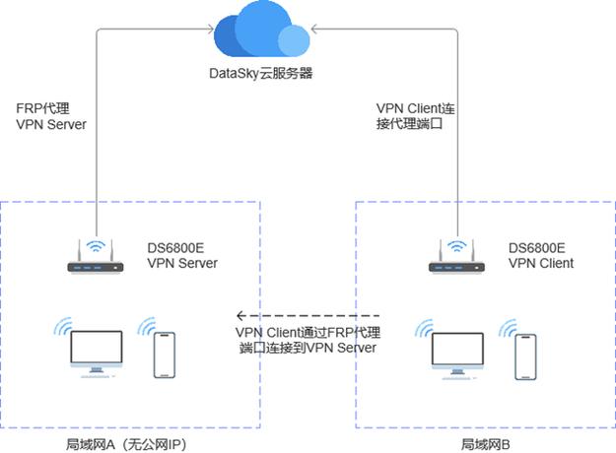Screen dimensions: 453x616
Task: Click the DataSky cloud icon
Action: click(x=262, y=34)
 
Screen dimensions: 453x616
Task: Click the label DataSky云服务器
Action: click(x=261, y=74)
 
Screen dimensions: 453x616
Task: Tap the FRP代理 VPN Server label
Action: click(x=51, y=117)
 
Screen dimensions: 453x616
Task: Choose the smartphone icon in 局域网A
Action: click(x=164, y=355)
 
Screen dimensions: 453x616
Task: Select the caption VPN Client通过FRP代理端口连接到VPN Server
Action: click(x=308, y=340)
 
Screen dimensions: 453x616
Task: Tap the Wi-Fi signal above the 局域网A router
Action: click(x=96, y=244)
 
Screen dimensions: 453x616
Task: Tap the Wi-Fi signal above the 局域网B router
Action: click(x=456, y=244)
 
